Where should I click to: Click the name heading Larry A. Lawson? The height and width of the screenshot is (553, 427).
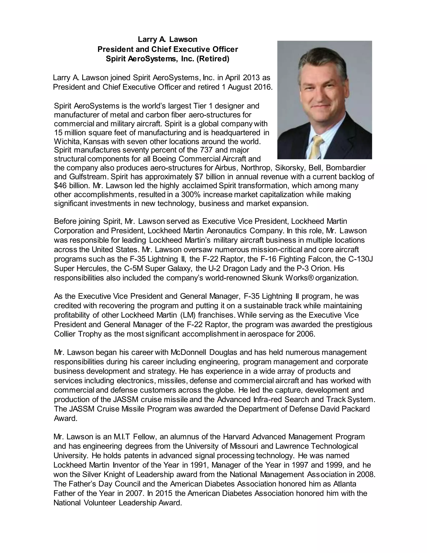[167, 39]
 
